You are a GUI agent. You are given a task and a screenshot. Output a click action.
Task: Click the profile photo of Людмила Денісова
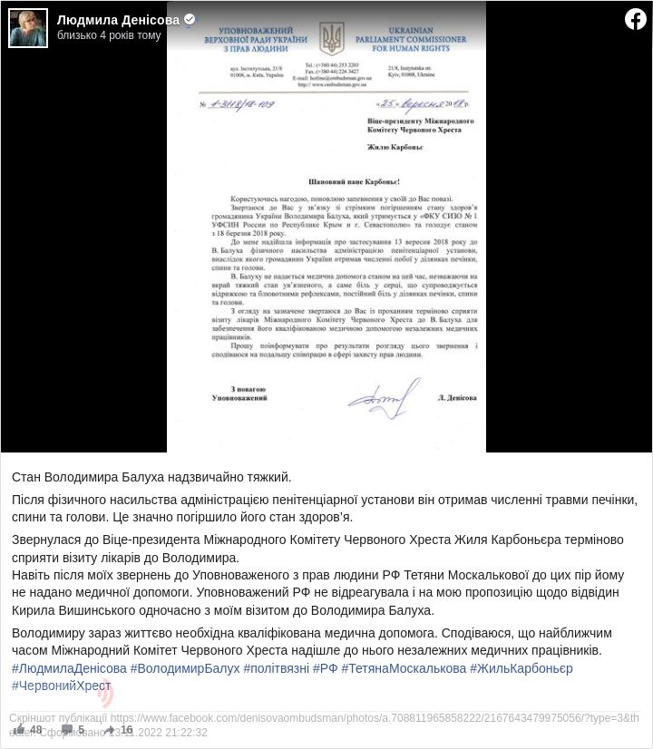point(28,28)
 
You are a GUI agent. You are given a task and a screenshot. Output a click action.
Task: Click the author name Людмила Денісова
point(118,19)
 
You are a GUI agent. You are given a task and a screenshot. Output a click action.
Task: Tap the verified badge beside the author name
point(190,19)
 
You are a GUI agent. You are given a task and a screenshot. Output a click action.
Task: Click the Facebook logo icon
point(635,19)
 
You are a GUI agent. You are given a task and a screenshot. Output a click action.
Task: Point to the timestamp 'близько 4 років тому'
point(109,35)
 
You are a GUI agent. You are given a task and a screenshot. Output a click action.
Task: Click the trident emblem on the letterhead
point(332,38)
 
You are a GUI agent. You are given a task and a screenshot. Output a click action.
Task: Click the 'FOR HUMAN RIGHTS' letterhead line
point(424,48)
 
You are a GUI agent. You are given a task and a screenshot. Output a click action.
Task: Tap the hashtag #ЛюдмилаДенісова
point(69,668)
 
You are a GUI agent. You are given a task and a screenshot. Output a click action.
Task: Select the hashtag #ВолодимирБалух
point(185,668)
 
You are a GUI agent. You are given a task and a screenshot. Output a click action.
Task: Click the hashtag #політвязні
point(276,668)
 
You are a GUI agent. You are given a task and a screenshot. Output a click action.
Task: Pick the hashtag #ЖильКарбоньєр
point(521,668)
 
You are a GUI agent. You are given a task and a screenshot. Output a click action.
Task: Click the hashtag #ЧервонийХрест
point(61,686)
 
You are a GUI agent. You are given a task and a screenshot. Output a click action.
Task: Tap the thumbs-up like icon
point(19,729)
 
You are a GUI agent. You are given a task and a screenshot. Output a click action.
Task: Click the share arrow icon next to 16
point(109,729)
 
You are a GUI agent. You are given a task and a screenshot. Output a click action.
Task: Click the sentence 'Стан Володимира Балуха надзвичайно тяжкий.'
point(151,477)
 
